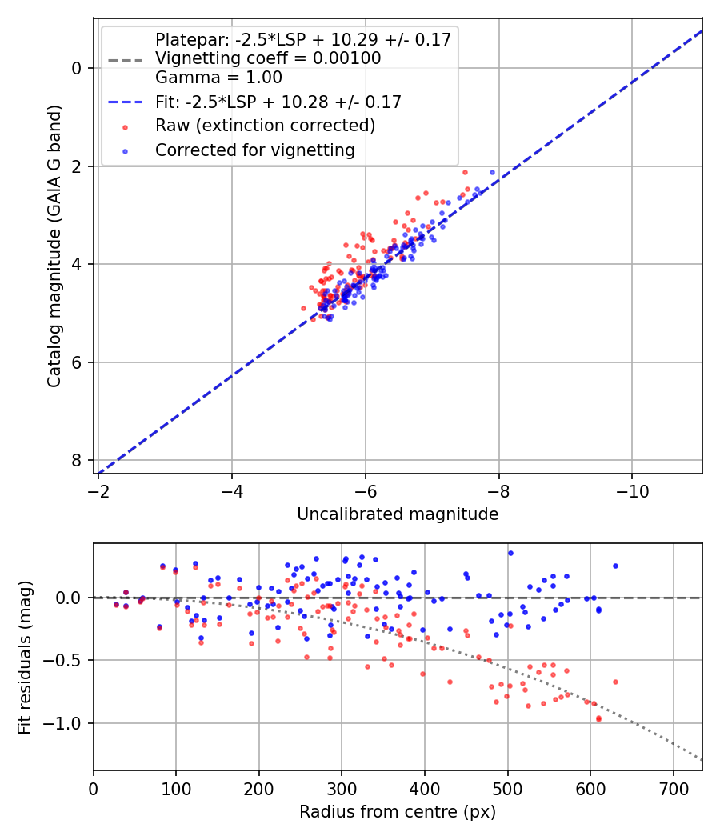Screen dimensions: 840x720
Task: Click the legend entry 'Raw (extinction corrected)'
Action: coord(265,126)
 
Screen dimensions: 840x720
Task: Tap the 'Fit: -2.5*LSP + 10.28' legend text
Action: coord(278,102)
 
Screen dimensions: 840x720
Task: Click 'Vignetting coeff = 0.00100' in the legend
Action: coord(268,58)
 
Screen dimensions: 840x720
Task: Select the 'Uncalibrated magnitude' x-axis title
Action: coord(398,514)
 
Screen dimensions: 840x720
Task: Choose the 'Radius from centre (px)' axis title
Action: coord(398,812)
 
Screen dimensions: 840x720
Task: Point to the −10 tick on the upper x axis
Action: coord(632,487)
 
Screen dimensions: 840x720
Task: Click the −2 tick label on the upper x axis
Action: coord(98,487)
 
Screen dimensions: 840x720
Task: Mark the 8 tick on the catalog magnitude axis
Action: coord(78,460)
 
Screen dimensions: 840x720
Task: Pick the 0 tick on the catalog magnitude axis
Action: coord(78,68)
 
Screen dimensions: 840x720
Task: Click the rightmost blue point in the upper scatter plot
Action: coord(493,172)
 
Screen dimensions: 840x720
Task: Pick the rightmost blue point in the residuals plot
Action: coord(615,566)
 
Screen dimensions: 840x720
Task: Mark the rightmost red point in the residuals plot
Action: coord(615,682)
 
